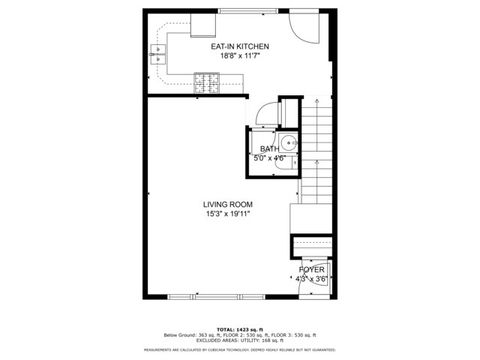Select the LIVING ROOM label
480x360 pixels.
click(x=228, y=203)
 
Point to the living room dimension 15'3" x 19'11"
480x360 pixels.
click(x=228, y=213)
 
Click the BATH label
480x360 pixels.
click(x=270, y=149)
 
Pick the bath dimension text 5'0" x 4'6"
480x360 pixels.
click(x=270, y=158)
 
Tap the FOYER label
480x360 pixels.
click(x=312, y=270)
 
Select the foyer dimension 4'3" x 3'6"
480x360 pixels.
click(x=312, y=279)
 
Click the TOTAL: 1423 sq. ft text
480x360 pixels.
click(x=240, y=328)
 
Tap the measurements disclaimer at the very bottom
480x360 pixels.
click(x=240, y=351)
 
